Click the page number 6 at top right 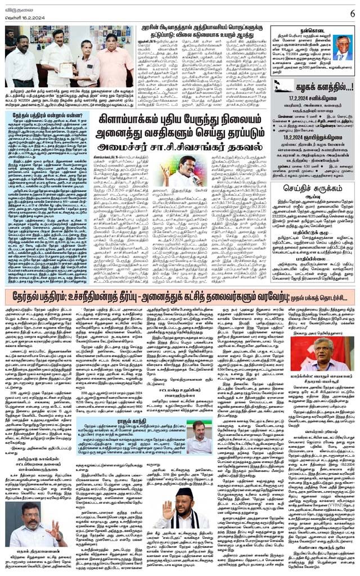click(x=352, y=12)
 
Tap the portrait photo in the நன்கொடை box click(x=341, y=48)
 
